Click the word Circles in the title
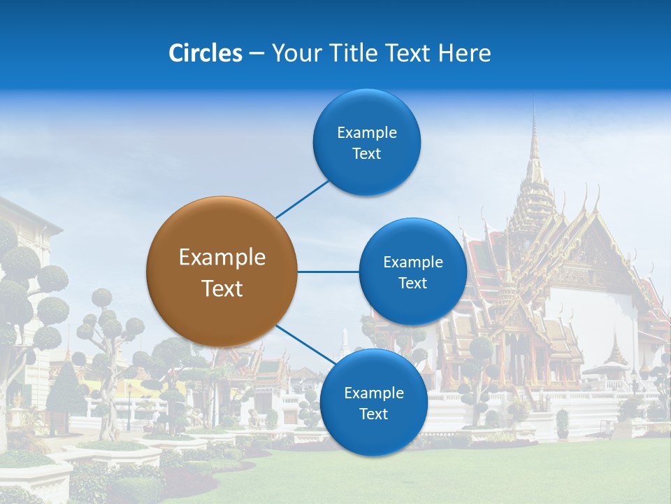[x=205, y=53]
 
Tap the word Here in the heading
[x=464, y=53]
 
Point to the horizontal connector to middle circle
[x=328, y=272]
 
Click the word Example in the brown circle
[x=222, y=258]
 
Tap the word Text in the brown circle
[x=222, y=288]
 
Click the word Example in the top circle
[x=367, y=133]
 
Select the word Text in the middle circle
[x=412, y=283]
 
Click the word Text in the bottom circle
[x=373, y=414]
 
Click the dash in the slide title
[x=257, y=54]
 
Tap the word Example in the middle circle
[x=412, y=262]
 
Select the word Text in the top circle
[x=367, y=154]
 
